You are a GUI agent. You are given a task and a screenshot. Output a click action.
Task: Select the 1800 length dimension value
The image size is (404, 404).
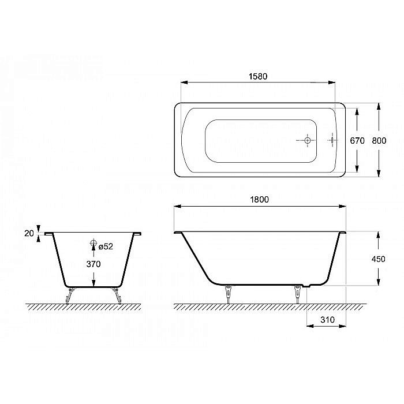point(259,199)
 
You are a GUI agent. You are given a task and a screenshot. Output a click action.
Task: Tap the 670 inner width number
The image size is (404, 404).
point(358,140)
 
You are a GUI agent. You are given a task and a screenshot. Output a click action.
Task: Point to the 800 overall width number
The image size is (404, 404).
point(379,140)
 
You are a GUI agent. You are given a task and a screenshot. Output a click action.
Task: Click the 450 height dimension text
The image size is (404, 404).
point(379,259)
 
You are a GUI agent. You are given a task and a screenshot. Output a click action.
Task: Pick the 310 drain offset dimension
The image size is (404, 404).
point(326,319)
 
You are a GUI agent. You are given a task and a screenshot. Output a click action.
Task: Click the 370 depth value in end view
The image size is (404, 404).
point(93,264)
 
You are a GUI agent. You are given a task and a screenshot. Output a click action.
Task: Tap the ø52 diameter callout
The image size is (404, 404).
point(105,246)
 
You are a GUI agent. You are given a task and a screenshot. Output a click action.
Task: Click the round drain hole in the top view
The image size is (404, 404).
point(307,140)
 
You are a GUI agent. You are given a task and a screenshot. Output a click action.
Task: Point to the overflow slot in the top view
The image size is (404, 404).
point(333,140)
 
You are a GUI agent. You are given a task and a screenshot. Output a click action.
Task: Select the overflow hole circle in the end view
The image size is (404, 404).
point(93,245)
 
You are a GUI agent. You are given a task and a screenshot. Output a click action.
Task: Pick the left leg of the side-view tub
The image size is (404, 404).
point(230,294)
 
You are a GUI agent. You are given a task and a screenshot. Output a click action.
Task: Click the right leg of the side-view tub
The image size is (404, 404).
point(298,294)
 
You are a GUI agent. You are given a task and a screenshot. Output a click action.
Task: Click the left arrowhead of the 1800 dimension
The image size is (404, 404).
point(178,206)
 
